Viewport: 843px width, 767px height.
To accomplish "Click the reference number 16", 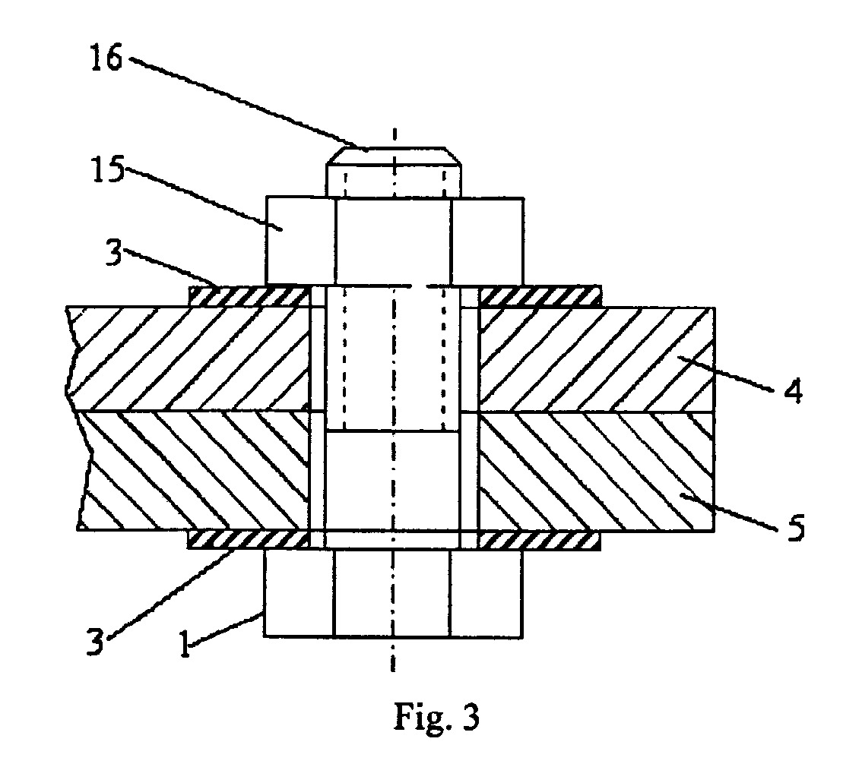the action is click(x=106, y=58).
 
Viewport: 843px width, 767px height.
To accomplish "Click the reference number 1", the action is click(x=185, y=644).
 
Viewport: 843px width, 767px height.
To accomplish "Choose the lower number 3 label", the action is click(x=94, y=641).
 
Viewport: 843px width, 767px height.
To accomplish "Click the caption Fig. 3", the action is click(x=436, y=716).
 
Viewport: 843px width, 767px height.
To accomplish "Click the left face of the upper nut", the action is click(x=300, y=241).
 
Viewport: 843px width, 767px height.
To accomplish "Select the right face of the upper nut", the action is click(x=487, y=241).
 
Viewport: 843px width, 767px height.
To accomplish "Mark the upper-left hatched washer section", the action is click(x=249, y=296).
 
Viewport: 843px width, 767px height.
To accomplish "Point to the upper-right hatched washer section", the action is click(x=540, y=296).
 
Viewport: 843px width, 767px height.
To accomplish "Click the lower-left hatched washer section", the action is click(x=249, y=540).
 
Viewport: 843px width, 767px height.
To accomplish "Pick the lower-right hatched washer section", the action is click(x=539, y=540).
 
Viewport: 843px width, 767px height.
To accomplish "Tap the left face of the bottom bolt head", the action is click(x=299, y=594).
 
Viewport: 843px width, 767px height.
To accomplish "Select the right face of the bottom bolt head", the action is click(x=486, y=594).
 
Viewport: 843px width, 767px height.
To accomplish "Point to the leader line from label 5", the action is click(x=727, y=512).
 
